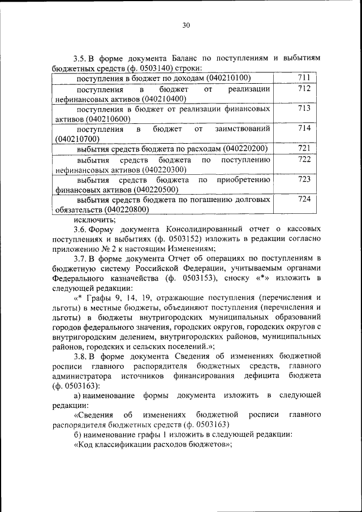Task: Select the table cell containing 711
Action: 304,78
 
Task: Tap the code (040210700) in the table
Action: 77,139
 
